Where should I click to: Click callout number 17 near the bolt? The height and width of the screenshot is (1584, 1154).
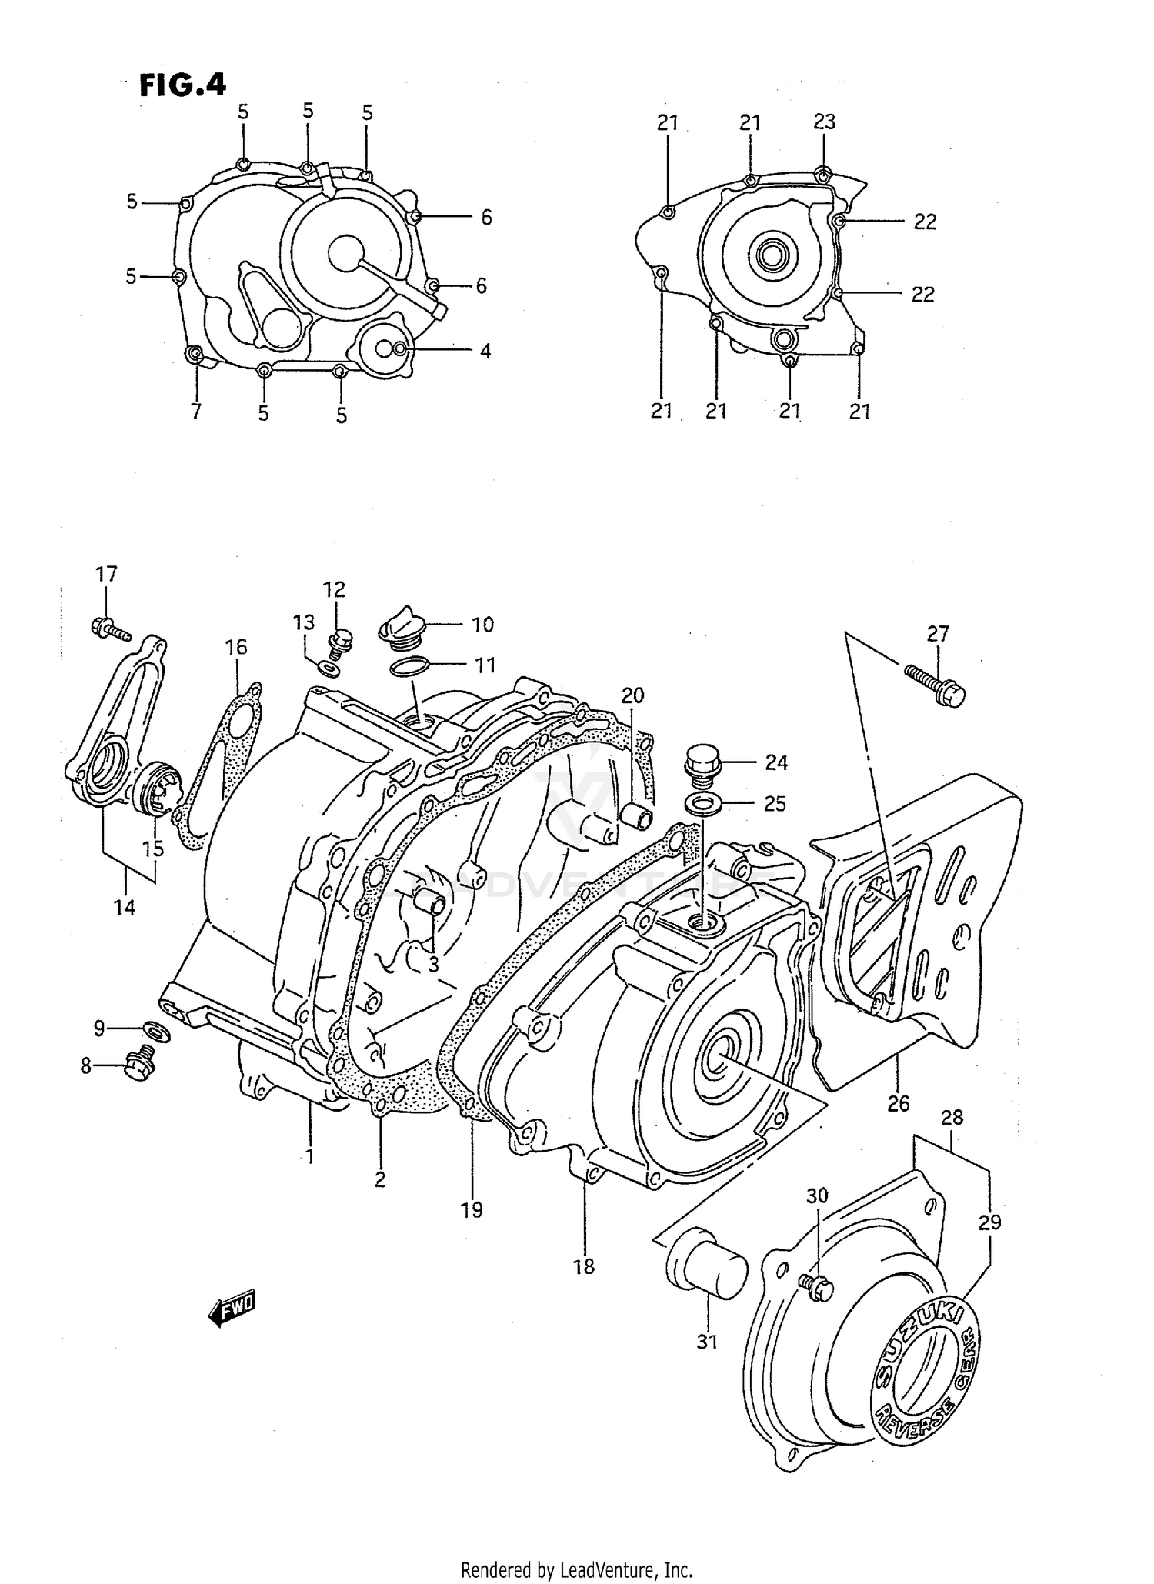pos(106,574)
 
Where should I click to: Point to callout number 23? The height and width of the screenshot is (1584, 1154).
pos(824,122)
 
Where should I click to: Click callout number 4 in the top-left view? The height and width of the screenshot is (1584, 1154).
pos(485,352)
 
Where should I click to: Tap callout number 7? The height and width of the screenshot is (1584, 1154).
pos(196,412)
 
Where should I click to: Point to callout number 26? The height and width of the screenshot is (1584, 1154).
pos(898,1104)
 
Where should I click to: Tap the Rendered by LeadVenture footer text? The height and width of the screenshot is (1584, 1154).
pos(577,1569)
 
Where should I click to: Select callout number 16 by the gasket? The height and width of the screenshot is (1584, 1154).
pos(236,647)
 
